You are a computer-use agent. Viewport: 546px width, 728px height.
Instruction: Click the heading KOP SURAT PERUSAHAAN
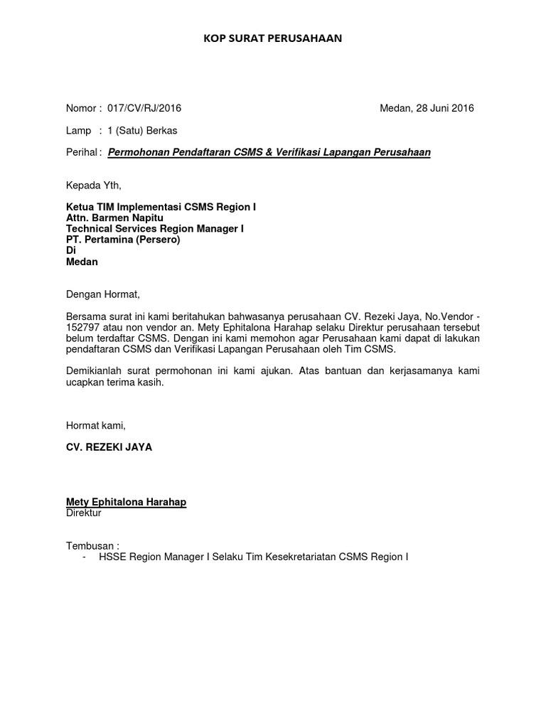pyautogui.click(x=272, y=38)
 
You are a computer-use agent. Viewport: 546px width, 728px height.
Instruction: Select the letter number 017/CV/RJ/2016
pyautogui.click(x=144, y=108)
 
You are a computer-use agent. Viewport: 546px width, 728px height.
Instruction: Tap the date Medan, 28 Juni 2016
pyautogui.click(x=427, y=108)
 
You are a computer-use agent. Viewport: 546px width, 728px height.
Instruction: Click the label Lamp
pyautogui.click(x=78, y=130)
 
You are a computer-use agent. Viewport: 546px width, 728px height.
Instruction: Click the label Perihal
pyautogui.click(x=82, y=152)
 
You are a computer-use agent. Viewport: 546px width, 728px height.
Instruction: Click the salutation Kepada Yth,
pyautogui.click(x=94, y=186)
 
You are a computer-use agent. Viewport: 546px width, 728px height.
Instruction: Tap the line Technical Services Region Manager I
pyautogui.click(x=155, y=229)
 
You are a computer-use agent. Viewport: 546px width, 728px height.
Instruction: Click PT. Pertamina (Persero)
pyautogui.click(x=123, y=240)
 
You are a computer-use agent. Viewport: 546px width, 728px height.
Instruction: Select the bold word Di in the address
pyautogui.click(x=70, y=251)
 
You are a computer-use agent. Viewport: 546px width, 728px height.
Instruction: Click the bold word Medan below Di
pyautogui.click(x=82, y=262)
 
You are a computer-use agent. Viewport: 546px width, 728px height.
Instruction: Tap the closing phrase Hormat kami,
pyautogui.click(x=95, y=425)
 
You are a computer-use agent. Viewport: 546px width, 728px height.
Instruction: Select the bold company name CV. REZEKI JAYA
pyautogui.click(x=109, y=447)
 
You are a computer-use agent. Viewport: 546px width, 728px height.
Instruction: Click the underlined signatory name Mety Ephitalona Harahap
pyautogui.click(x=126, y=502)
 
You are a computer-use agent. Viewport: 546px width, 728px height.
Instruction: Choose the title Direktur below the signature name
pyautogui.click(x=84, y=513)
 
